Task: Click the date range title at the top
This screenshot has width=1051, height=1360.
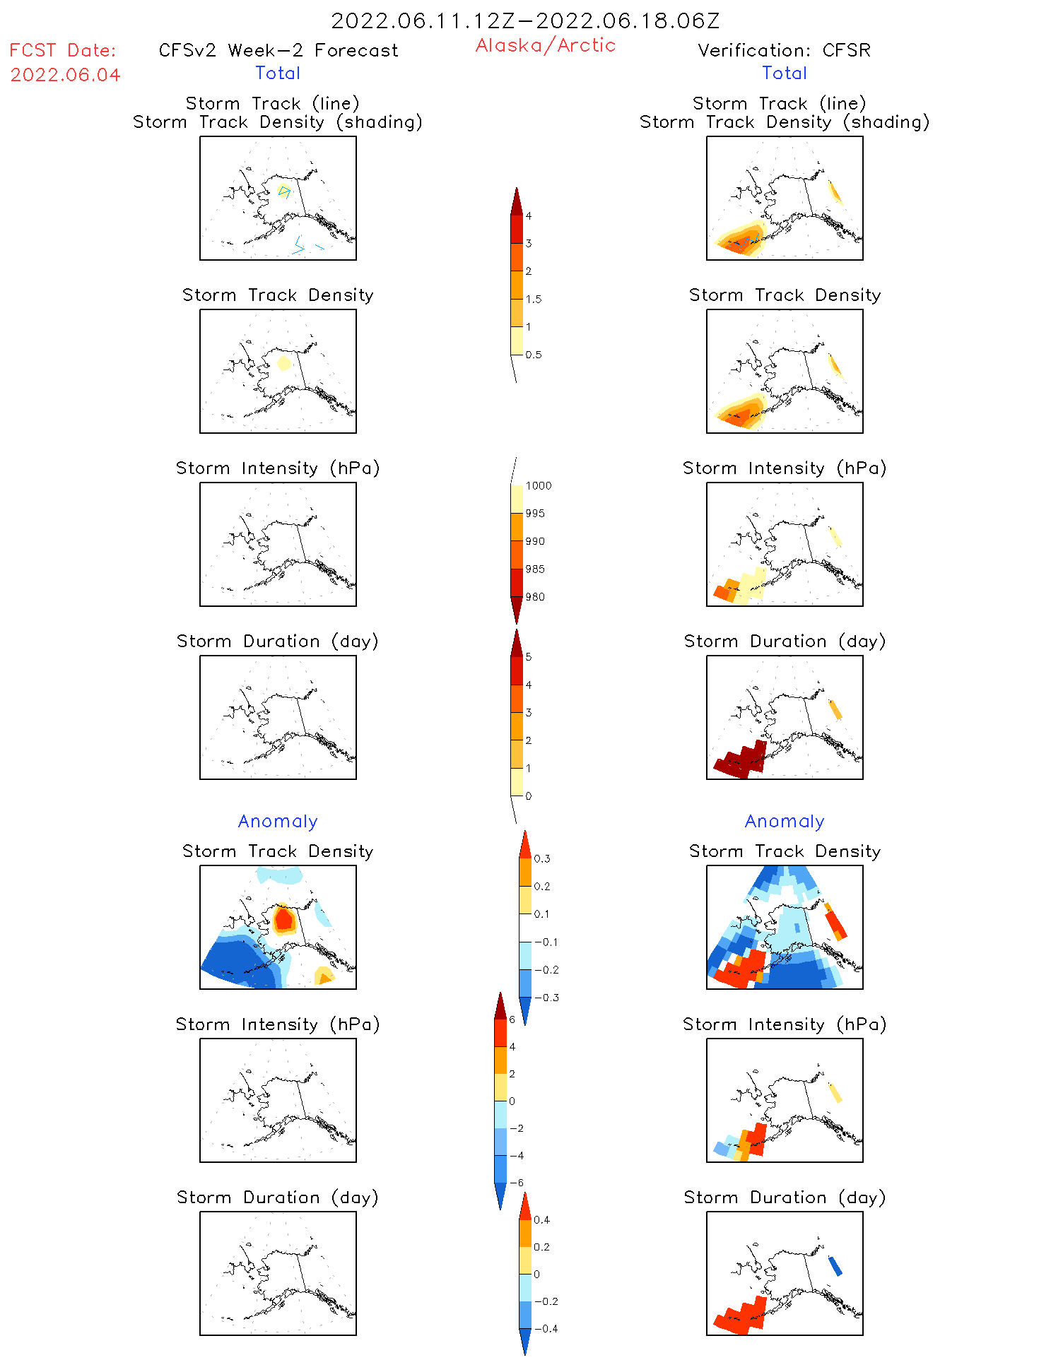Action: (525, 20)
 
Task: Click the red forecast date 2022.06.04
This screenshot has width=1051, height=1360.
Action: (65, 75)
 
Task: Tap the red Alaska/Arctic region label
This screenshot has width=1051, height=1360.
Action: (545, 45)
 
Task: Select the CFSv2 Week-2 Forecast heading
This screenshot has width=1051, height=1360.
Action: (278, 50)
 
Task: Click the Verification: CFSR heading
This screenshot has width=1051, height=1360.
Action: (784, 50)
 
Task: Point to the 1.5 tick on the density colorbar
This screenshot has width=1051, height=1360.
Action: (534, 300)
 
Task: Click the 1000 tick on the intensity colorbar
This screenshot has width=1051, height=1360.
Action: (538, 486)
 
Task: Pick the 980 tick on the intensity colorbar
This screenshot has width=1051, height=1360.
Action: (535, 597)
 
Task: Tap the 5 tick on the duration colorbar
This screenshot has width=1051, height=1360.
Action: (529, 657)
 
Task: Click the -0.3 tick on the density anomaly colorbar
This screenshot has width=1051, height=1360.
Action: (546, 998)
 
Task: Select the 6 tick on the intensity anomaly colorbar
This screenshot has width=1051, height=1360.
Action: (512, 1019)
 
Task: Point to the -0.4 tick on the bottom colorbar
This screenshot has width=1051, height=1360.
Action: (546, 1329)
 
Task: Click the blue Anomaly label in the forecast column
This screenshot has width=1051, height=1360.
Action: (278, 822)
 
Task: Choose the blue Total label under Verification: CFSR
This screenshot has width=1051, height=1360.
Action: (784, 73)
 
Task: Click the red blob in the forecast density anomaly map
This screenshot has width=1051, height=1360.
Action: (283, 918)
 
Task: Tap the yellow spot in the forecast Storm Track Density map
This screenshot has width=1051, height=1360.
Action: (283, 363)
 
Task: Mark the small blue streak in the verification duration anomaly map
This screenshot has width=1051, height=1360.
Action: (835, 1265)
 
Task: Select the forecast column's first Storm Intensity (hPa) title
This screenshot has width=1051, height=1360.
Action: (278, 468)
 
